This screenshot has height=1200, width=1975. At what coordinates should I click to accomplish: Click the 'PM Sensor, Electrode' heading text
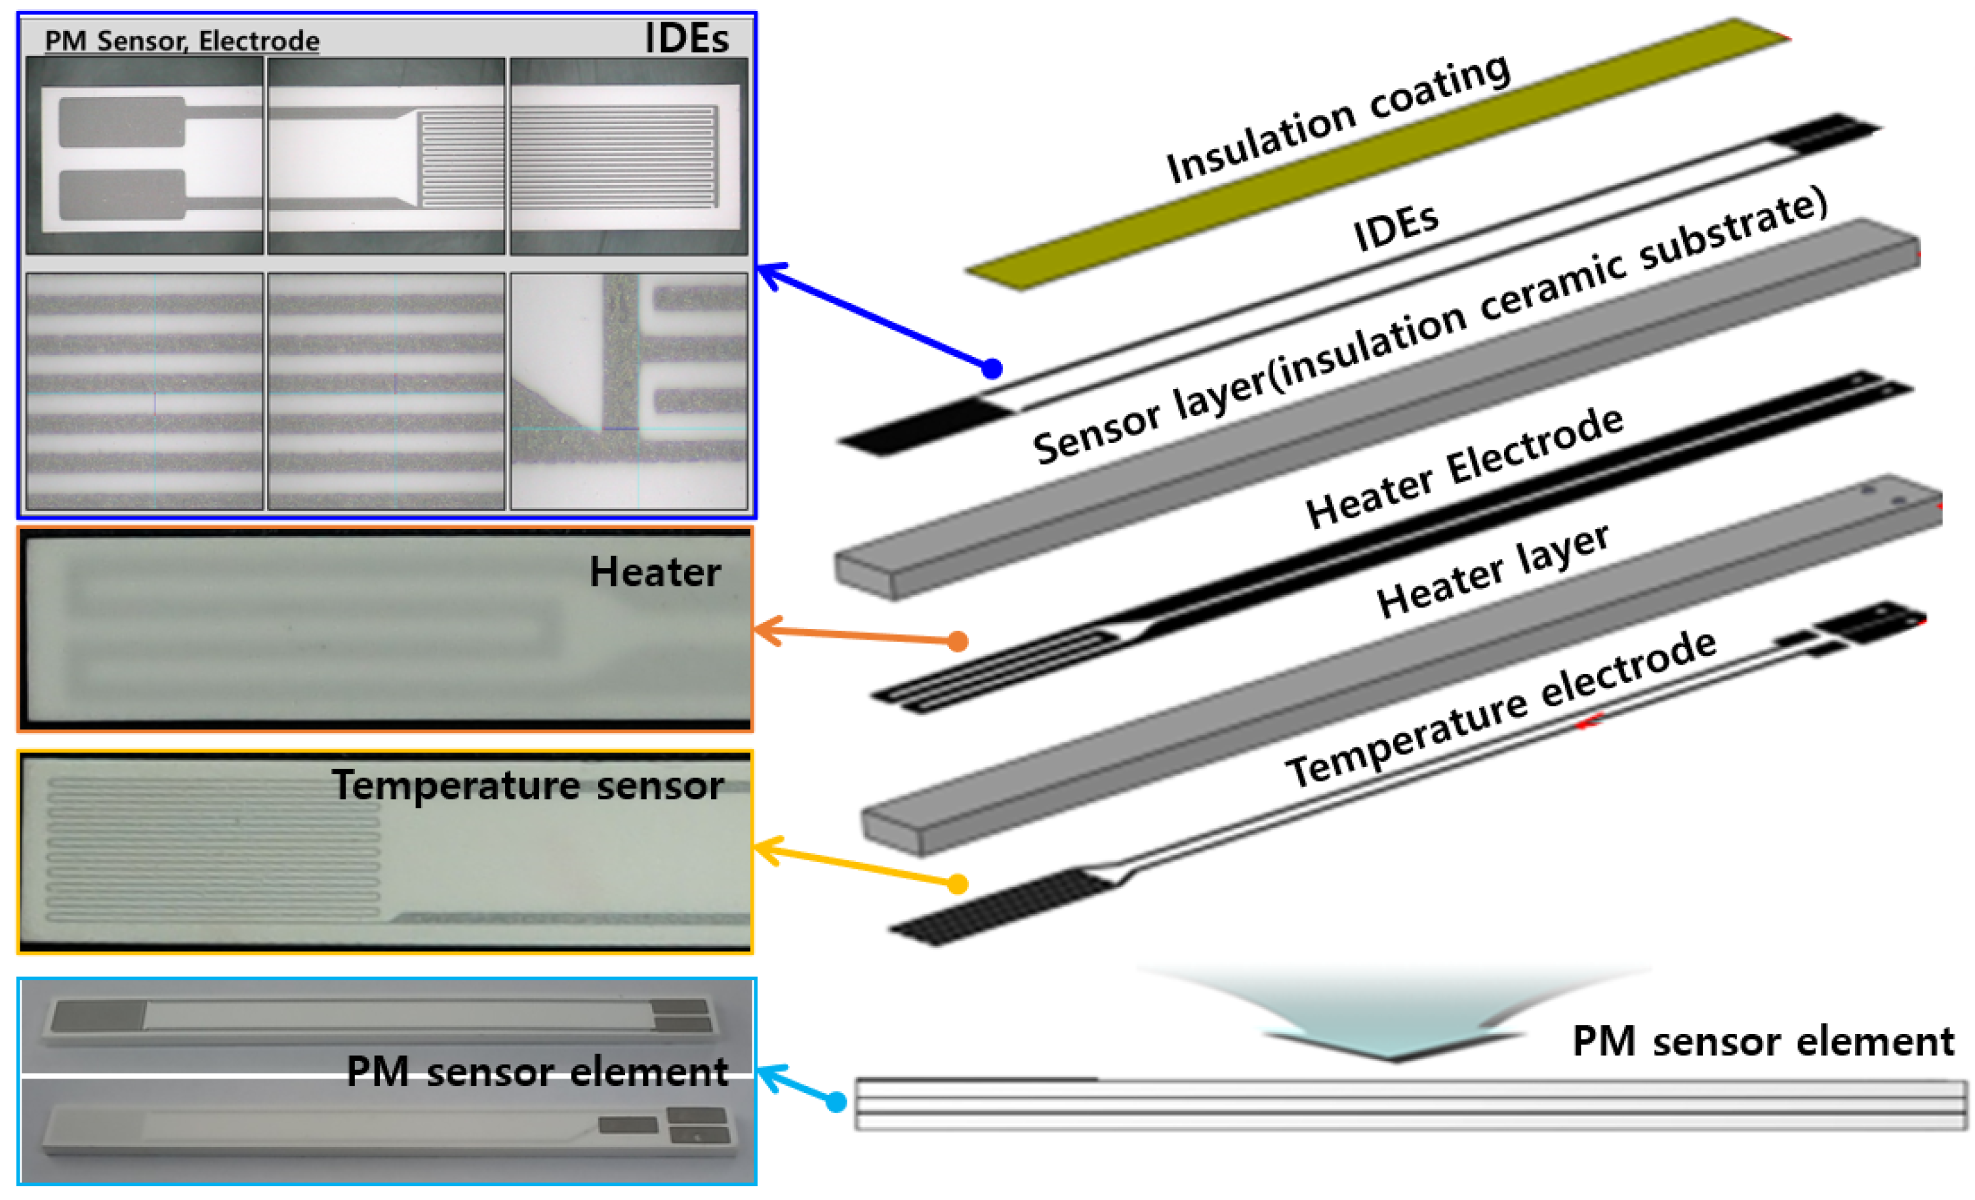182,40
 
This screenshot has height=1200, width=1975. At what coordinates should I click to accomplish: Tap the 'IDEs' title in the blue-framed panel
686,39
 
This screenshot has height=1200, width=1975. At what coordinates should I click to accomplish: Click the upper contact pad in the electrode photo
122,122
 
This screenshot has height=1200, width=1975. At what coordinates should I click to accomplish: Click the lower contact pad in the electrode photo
122,195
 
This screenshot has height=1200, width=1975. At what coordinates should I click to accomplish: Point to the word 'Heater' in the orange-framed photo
655,572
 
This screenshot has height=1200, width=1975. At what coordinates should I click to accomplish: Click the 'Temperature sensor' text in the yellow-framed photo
527,785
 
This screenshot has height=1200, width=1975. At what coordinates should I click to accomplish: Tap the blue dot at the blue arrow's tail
992,369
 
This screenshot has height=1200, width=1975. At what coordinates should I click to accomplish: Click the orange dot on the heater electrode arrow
958,641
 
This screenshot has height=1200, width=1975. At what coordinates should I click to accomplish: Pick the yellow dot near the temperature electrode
957,884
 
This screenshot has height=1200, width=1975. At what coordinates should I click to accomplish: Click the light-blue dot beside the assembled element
836,1102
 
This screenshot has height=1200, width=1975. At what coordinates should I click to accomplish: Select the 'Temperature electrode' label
1501,709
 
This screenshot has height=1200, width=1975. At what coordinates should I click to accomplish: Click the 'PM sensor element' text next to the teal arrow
1762,1042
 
